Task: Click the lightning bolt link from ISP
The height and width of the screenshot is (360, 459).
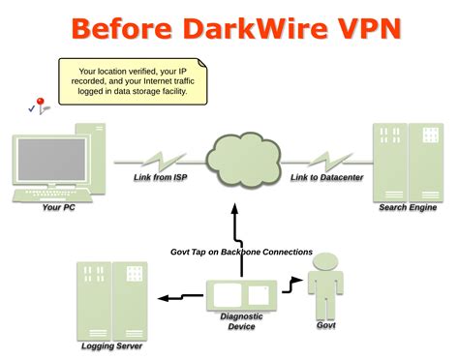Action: pos(161,157)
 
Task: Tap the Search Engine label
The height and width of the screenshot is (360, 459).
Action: pos(407,207)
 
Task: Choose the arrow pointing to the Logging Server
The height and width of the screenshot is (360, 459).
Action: pos(174,296)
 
